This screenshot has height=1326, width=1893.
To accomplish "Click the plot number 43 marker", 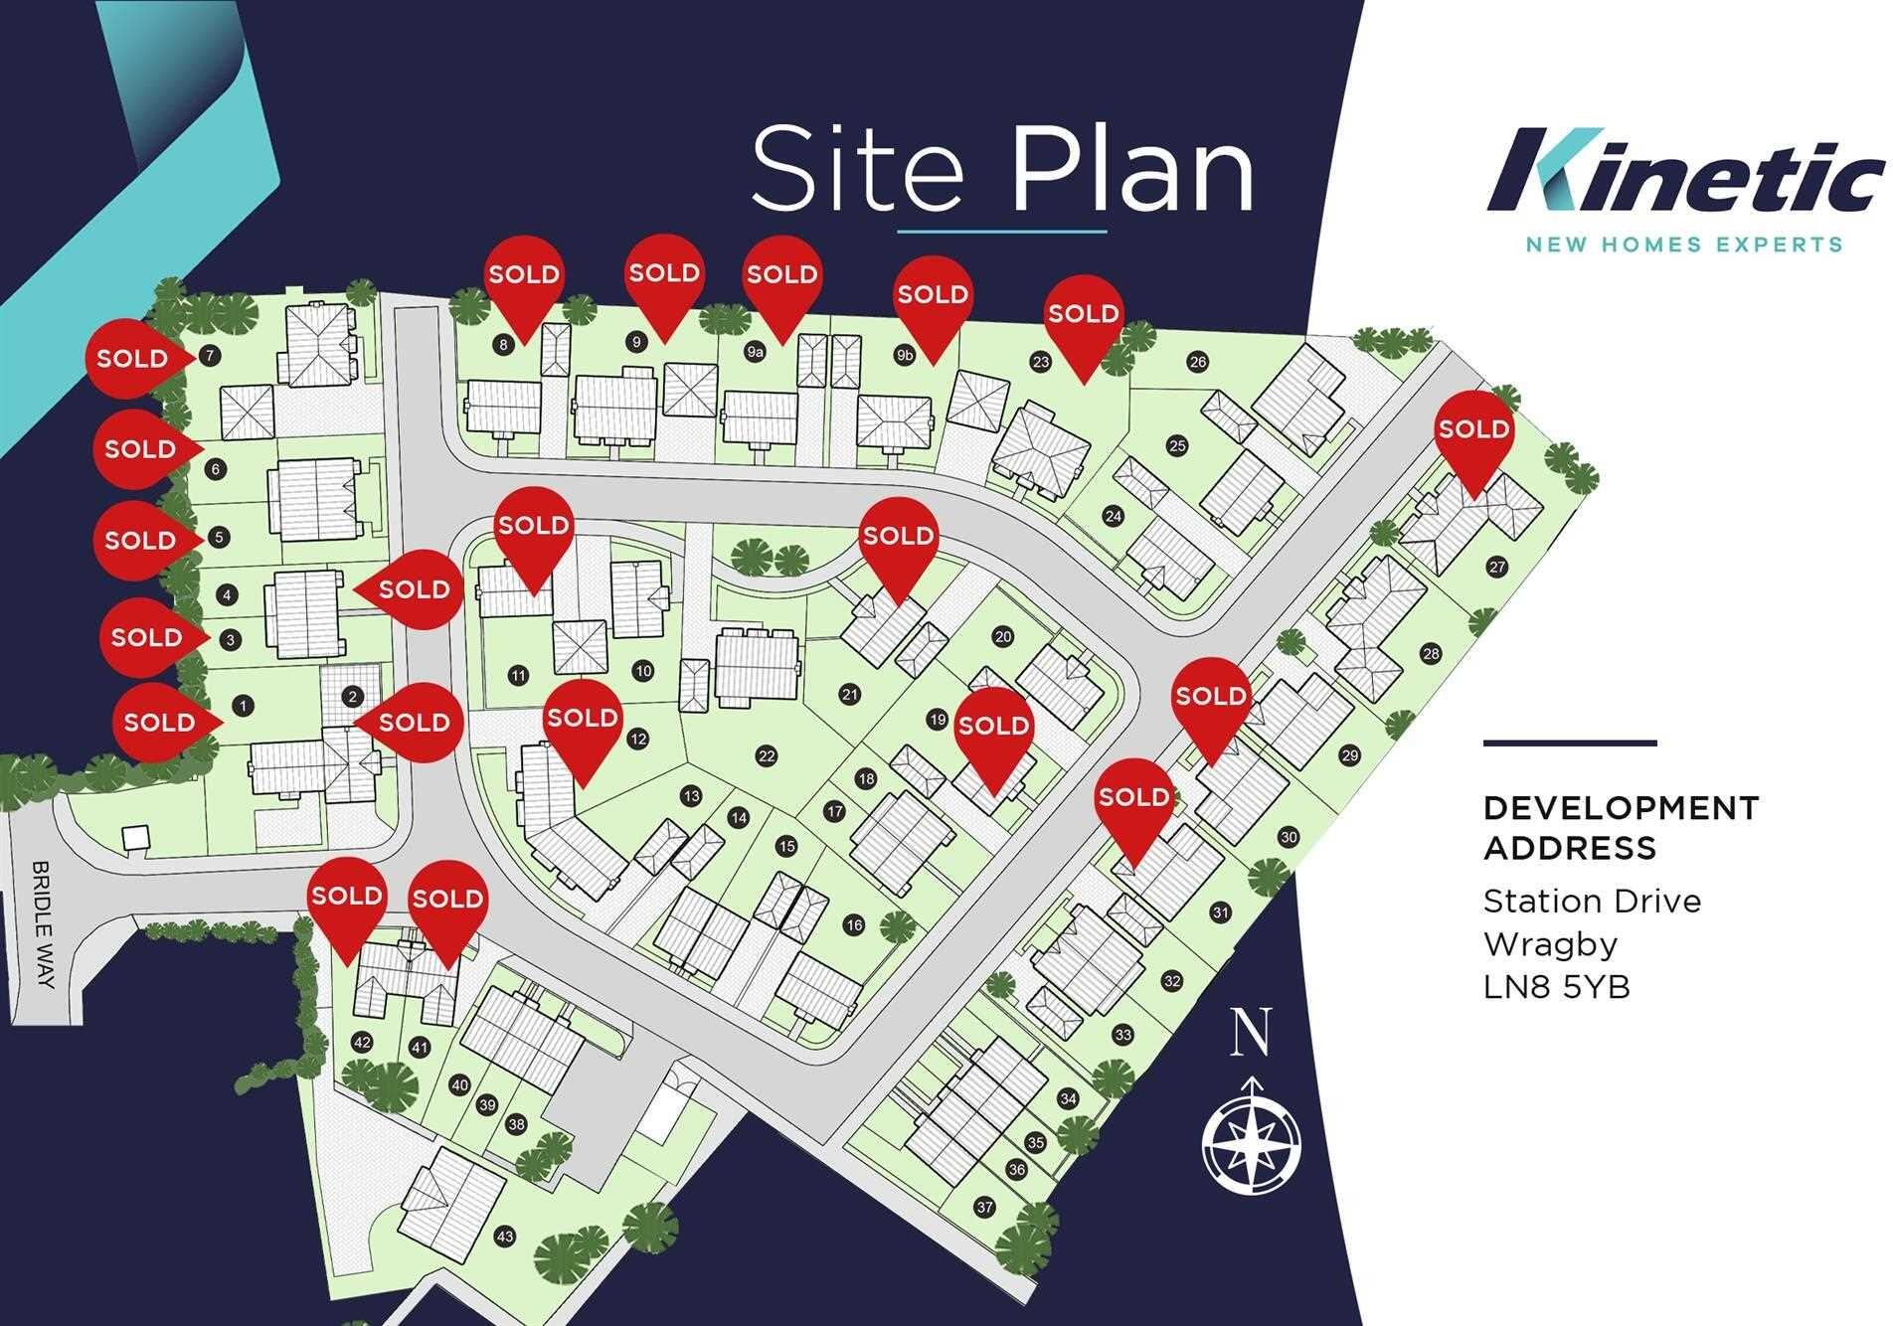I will click(x=505, y=1237).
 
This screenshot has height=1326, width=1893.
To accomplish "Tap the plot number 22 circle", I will click(x=766, y=756).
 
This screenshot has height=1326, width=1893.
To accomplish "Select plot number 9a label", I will click(x=755, y=352).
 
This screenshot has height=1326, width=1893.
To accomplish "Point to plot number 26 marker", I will click(x=1198, y=362).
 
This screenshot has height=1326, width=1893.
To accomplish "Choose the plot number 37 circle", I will click(x=984, y=1208).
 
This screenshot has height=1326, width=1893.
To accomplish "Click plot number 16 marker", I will click(x=854, y=925).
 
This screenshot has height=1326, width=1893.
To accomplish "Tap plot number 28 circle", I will click(x=1431, y=654).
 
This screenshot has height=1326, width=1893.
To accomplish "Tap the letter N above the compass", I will click(x=1251, y=1032).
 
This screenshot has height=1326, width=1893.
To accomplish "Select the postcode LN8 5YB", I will click(x=1556, y=987).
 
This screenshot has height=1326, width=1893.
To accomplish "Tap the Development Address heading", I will click(x=1620, y=827).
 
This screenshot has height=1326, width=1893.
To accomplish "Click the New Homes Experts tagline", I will click(x=1683, y=245).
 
